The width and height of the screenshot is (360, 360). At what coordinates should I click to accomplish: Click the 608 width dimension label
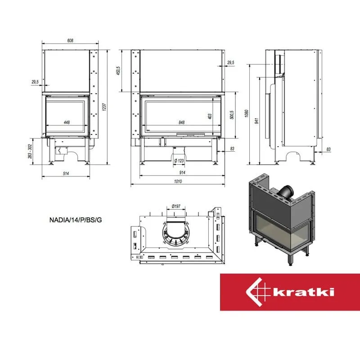coord(70,40)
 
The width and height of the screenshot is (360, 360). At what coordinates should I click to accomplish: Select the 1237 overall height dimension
coord(104,107)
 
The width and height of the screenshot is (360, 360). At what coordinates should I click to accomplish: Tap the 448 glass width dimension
coord(67,122)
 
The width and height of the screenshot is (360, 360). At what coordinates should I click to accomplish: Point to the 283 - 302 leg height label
coord(30,151)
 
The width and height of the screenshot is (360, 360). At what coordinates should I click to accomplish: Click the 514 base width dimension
coord(66,173)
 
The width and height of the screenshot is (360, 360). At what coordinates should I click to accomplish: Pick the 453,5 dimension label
coord(118,71)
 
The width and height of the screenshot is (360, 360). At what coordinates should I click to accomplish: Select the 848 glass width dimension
coord(182,122)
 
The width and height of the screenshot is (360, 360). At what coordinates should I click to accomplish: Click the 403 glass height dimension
coord(210,117)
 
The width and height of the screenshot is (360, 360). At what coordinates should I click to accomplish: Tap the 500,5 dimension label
coord(232,115)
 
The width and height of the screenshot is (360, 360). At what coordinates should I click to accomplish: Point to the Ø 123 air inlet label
coord(179,161)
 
